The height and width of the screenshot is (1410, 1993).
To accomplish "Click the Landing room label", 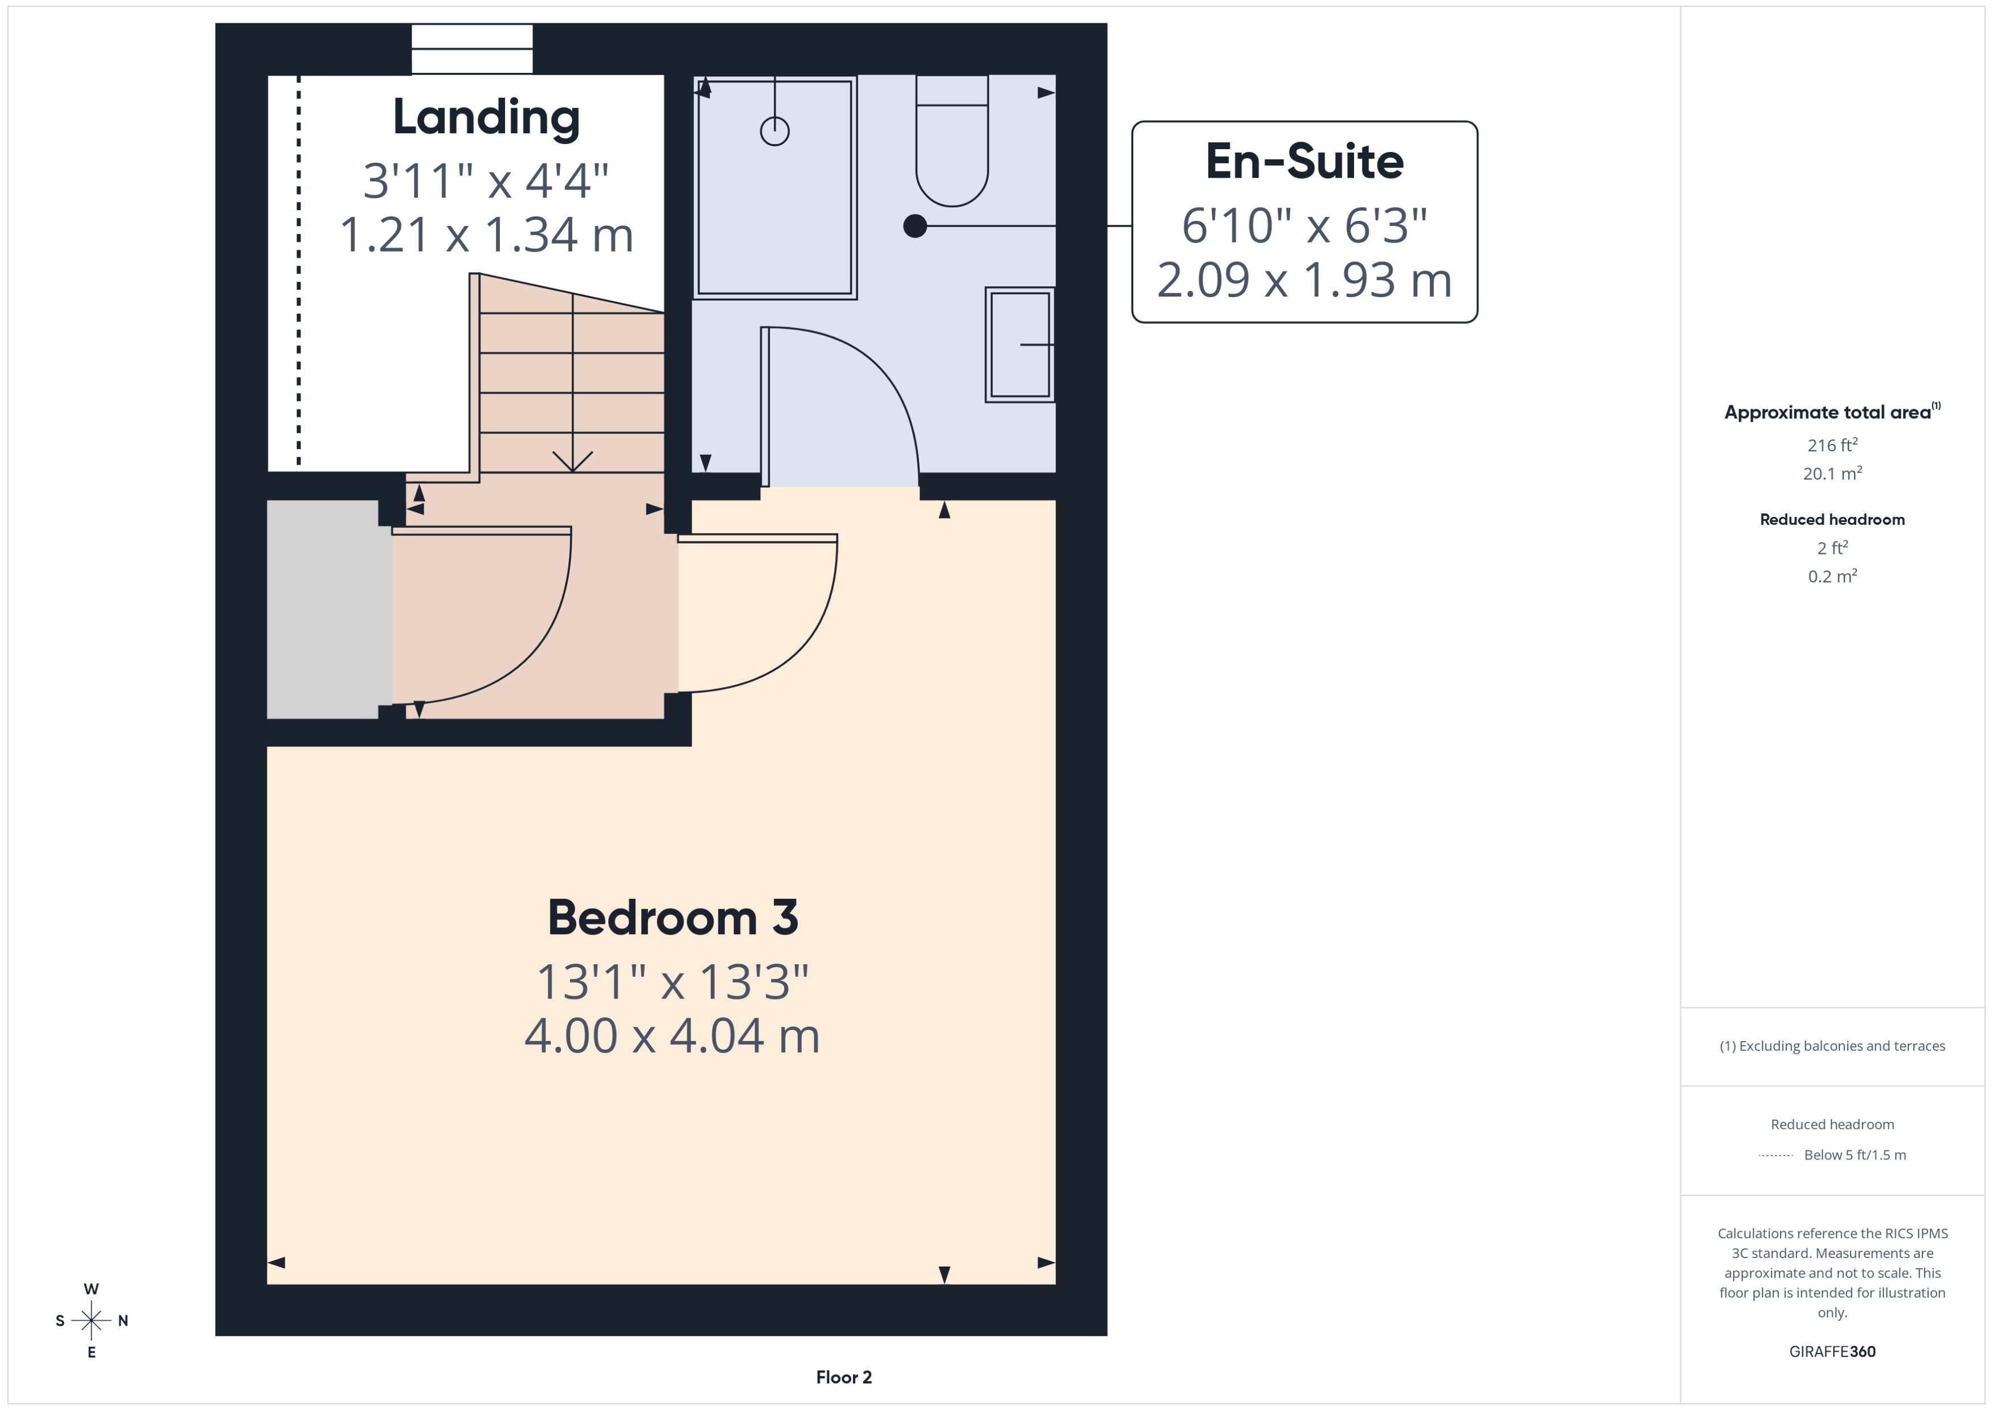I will (x=486, y=117).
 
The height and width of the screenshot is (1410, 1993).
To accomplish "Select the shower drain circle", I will (x=774, y=131).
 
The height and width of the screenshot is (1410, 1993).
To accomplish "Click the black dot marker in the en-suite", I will (x=915, y=226).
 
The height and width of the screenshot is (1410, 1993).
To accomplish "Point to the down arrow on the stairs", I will (x=572, y=460).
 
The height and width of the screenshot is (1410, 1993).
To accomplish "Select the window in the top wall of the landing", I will (x=471, y=48).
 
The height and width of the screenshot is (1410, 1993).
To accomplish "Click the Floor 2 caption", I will (x=843, y=1377).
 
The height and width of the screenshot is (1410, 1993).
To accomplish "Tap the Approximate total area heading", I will (x=1828, y=412).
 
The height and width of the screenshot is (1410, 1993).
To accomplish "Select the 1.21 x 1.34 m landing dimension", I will (x=486, y=235).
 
